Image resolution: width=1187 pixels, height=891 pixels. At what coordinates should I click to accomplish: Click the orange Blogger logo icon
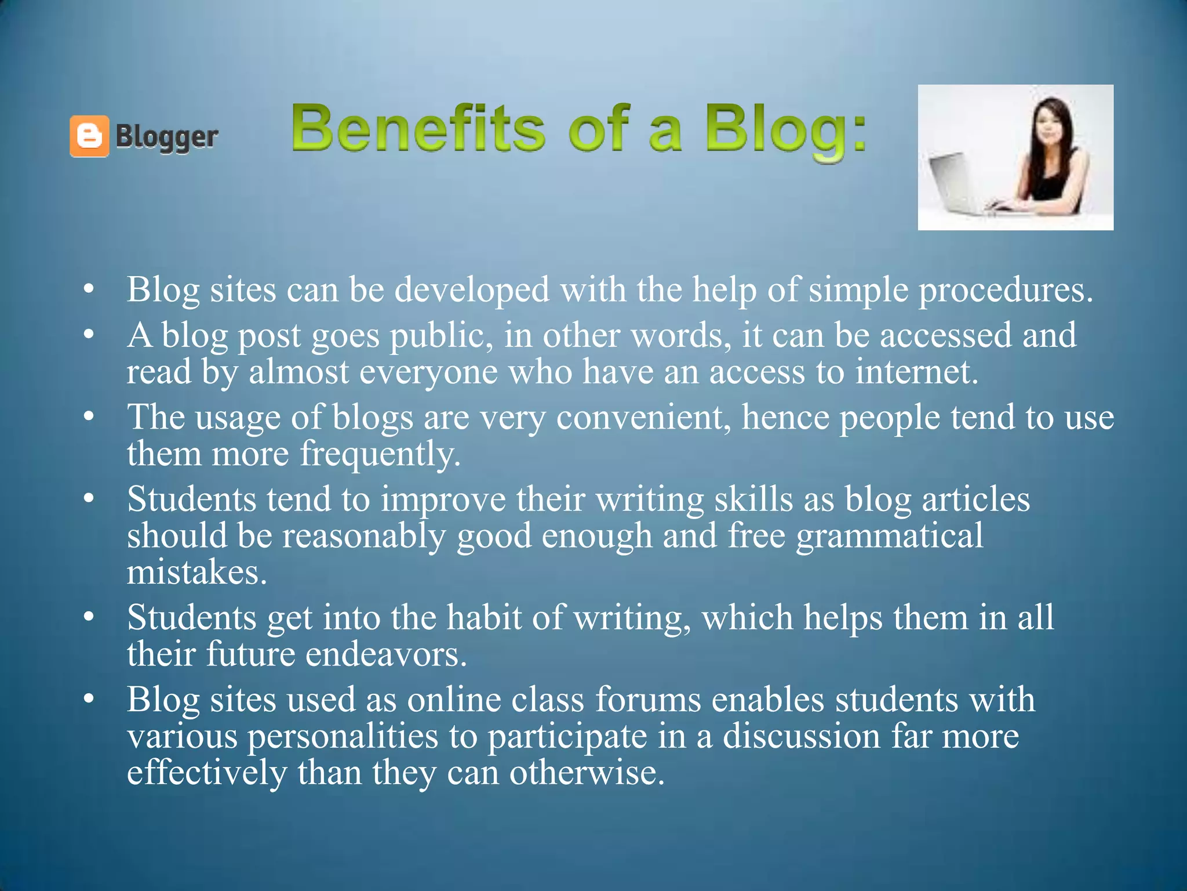89,136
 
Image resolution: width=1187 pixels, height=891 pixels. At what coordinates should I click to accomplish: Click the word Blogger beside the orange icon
167,137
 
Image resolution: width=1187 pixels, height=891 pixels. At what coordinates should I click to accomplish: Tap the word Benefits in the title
418,128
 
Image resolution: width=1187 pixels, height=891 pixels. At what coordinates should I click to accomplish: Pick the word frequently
380,454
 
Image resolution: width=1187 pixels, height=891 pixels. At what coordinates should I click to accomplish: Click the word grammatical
889,535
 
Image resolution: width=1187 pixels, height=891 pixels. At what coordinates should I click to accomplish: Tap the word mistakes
196,573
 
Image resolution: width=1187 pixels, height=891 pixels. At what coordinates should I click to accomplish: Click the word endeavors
385,654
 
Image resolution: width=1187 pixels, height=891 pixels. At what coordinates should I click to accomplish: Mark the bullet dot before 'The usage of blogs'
88,416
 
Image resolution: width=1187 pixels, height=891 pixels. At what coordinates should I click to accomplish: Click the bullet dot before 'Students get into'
88,617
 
